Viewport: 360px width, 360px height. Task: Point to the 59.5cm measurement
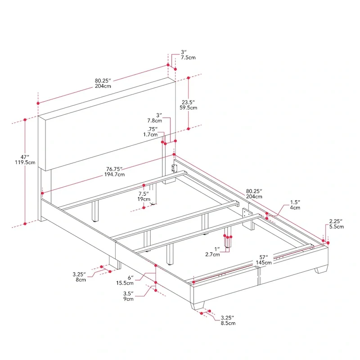click(188, 108)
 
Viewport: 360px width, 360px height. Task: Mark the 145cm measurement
click(264, 262)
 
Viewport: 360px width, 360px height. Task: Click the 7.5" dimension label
click(144, 193)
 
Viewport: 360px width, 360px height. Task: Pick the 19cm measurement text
click(144, 199)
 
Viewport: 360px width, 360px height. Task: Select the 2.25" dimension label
click(336, 221)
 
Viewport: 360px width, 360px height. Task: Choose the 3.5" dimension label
click(128, 292)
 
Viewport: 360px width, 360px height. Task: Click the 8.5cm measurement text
click(227, 323)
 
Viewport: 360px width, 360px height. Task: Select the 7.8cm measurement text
click(154, 121)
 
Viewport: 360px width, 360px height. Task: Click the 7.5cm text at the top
click(188, 58)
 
